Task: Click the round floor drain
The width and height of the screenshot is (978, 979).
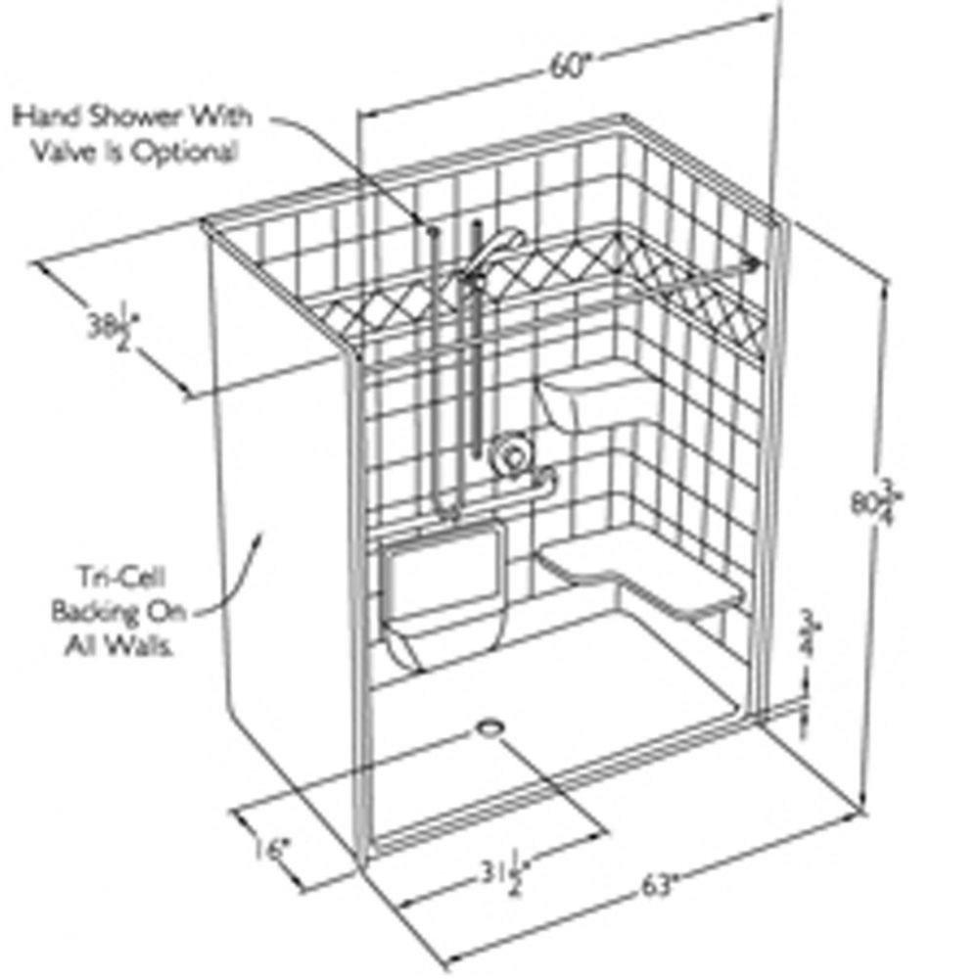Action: (490, 727)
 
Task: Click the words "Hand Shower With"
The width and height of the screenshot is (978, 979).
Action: (132, 117)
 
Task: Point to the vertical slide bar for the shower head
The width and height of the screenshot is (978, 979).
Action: (477, 343)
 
